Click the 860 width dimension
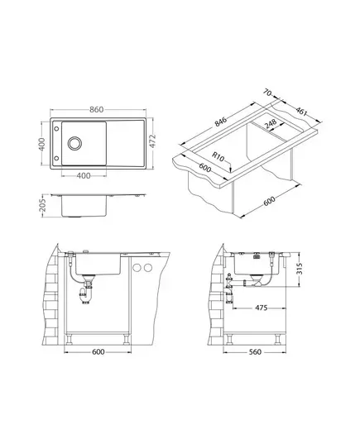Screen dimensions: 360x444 click(x=96, y=110)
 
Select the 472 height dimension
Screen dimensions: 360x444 click(x=153, y=141)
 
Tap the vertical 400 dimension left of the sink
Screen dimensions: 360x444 click(x=42, y=144)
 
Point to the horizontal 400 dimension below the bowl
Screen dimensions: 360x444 click(x=84, y=176)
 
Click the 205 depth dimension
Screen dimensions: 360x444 click(x=42, y=205)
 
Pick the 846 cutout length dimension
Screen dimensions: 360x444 click(x=220, y=122)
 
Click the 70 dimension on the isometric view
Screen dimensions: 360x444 click(x=267, y=93)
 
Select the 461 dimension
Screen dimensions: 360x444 click(x=301, y=112)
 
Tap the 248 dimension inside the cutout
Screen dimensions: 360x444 click(x=271, y=124)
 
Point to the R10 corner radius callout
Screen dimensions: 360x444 click(x=218, y=156)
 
